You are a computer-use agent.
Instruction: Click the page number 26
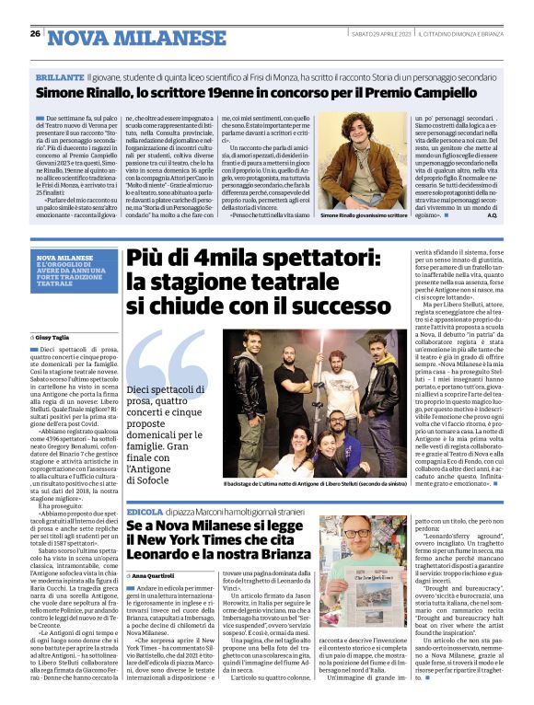[x=34, y=33]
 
